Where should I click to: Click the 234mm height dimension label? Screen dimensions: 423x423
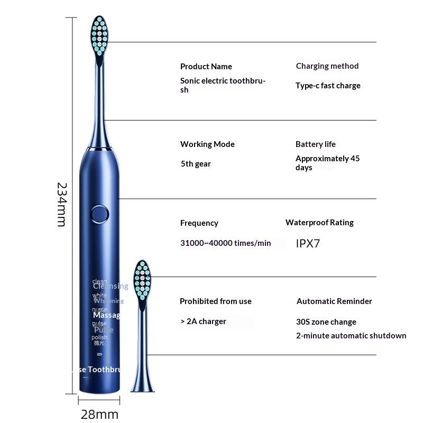[x=61, y=205]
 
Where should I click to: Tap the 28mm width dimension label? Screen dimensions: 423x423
[x=99, y=414]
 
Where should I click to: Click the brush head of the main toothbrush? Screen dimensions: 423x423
[x=99, y=35]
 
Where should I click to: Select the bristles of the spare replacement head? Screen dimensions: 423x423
[x=142, y=280]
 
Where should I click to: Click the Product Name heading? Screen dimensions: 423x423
[x=206, y=67]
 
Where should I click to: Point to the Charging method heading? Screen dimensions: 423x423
[x=327, y=66]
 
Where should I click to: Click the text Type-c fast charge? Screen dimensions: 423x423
[x=328, y=86]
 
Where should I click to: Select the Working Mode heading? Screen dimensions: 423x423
[x=207, y=144]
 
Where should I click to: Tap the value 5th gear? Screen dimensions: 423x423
[x=196, y=164]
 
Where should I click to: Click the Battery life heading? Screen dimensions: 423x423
[x=315, y=144]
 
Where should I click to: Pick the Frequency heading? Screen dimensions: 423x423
[x=199, y=223]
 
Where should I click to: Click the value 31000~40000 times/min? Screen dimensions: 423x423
[x=225, y=243]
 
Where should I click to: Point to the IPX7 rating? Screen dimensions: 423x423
[x=308, y=243]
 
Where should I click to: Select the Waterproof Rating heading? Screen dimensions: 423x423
[x=319, y=223]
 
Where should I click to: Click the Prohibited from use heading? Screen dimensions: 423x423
[x=215, y=301]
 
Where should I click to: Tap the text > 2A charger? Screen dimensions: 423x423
[x=203, y=321]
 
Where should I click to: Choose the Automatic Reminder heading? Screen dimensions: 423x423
[x=334, y=301]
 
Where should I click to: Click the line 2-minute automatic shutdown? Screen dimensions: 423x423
[x=351, y=336]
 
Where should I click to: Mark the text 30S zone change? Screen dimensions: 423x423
[x=326, y=322]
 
